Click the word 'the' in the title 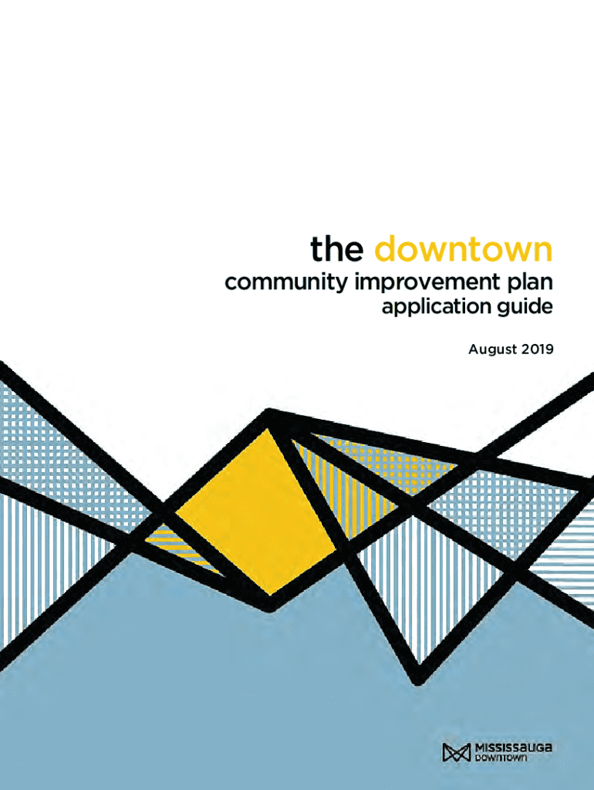[336, 248]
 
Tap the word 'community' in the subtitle [286, 282]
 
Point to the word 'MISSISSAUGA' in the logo [514, 748]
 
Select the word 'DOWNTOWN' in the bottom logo [501, 758]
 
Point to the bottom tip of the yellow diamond [271, 595]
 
